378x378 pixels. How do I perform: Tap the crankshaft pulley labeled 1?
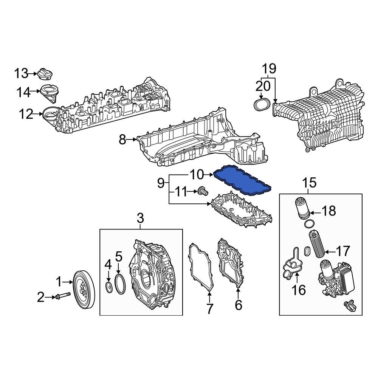[85, 289]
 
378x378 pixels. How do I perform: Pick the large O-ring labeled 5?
[120, 284]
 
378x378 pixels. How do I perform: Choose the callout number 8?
[122, 140]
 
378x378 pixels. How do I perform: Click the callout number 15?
[310, 183]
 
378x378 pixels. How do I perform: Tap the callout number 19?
[270, 69]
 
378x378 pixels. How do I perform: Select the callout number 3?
[140, 218]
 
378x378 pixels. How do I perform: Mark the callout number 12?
[26, 114]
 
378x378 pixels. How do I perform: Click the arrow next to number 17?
[330, 251]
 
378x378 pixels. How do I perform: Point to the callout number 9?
[161, 184]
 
